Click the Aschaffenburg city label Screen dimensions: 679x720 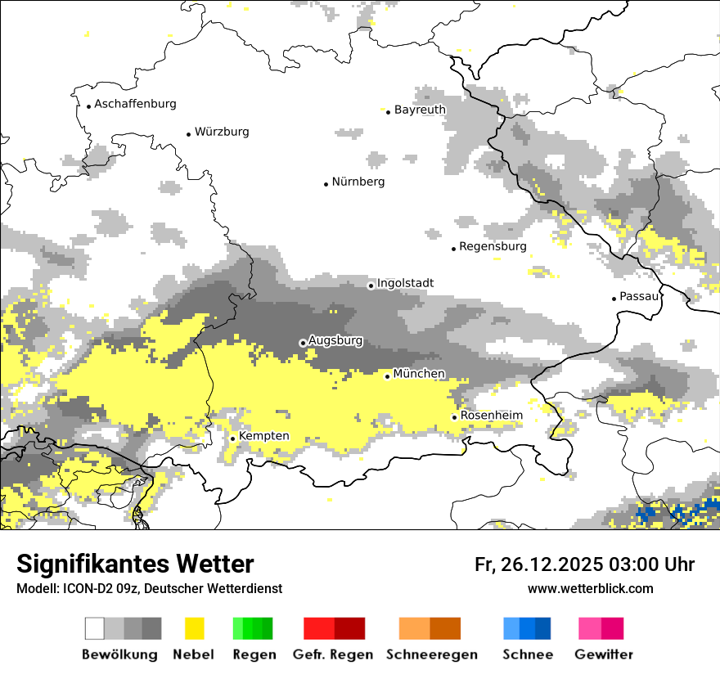[x=135, y=104]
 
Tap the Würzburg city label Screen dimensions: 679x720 [x=222, y=132]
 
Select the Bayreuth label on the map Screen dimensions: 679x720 [x=420, y=110]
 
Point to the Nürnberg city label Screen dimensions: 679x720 [x=358, y=182]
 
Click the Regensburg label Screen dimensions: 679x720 [x=493, y=246]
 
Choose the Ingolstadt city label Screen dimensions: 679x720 [x=405, y=283]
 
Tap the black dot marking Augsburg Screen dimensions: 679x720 [x=303, y=343]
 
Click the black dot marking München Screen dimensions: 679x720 [x=388, y=376]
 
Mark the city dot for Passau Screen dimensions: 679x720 [x=614, y=299]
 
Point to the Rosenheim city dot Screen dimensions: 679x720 [x=455, y=417]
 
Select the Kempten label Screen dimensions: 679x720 [x=263, y=436]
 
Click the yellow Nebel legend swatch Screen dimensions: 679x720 [x=195, y=628]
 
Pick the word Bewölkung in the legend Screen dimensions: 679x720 [x=119, y=654]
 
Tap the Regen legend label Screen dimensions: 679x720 [x=254, y=654]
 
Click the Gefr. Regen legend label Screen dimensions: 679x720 [x=333, y=654]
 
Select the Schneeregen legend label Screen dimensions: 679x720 [x=432, y=654]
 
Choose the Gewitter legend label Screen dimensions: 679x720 [x=604, y=654]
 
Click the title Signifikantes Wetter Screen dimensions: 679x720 [x=135, y=564]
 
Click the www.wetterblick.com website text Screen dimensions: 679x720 [x=590, y=588]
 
